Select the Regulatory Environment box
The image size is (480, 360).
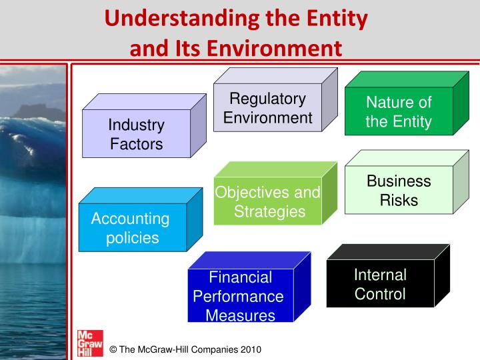(267, 109)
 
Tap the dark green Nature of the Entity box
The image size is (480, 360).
(399, 112)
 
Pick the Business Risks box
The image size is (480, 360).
(399, 190)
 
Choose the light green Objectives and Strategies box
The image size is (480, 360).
(267, 202)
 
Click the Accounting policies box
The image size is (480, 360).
(132, 227)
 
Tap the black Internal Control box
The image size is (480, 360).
(380, 284)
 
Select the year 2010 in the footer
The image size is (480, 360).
(249, 349)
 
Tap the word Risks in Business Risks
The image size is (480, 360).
(399, 199)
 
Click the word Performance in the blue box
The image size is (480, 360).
(238, 296)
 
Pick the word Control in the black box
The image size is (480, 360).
(380, 294)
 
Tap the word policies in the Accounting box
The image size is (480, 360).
(132, 237)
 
